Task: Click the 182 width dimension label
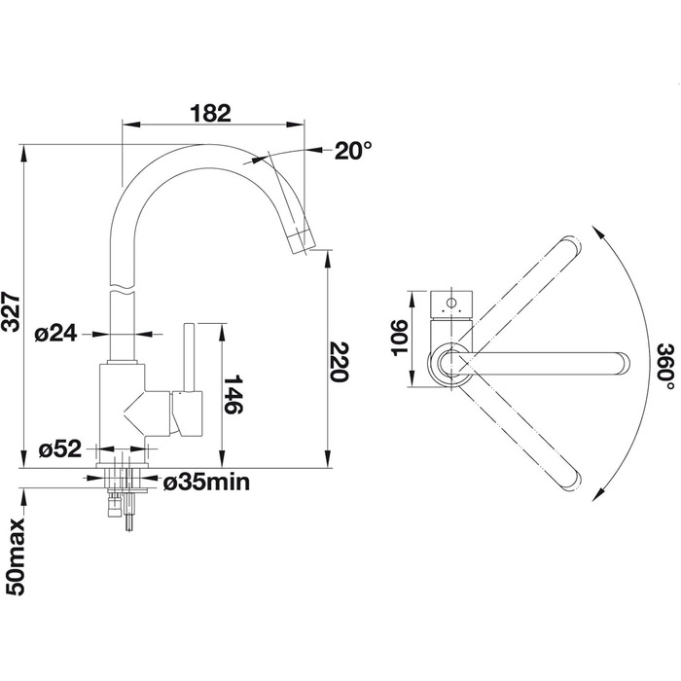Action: (x=210, y=114)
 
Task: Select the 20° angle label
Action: (x=353, y=151)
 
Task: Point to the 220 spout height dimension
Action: (x=340, y=362)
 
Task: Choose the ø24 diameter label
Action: (x=55, y=334)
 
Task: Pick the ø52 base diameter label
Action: (x=60, y=449)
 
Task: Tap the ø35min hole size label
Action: (x=206, y=483)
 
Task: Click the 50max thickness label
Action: (x=16, y=557)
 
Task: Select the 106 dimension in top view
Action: (x=400, y=338)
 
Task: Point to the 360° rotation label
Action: (x=665, y=367)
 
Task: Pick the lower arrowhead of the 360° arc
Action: (x=599, y=494)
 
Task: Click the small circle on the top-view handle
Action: (x=451, y=302)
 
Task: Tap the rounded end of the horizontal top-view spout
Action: (x=625, y=363)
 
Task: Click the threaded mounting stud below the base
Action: (x=128, y=516)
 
